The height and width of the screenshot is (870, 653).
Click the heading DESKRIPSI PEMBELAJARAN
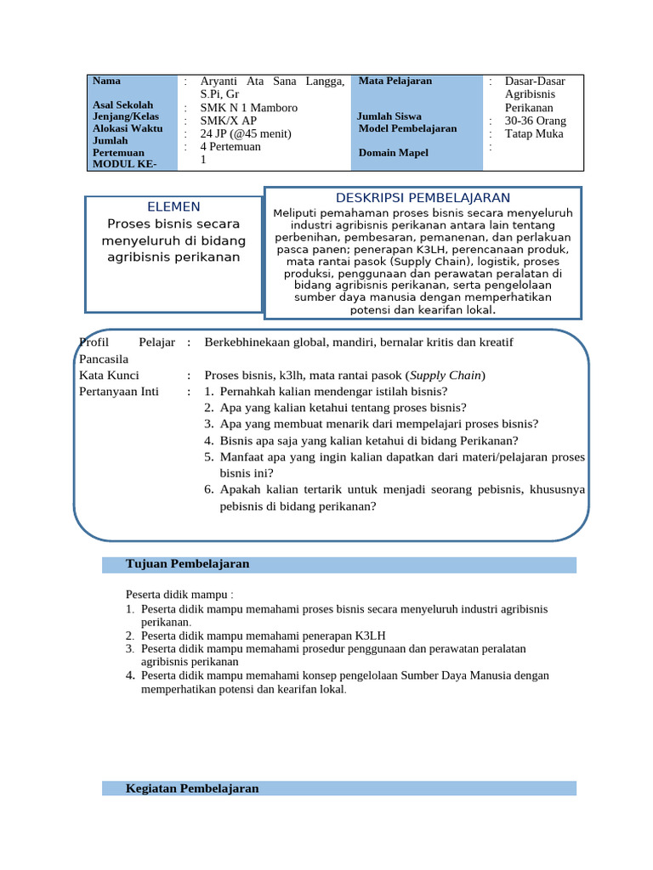423,198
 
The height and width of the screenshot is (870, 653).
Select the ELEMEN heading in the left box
173,206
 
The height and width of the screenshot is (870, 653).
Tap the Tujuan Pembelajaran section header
187,564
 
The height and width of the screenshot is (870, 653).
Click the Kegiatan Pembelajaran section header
191,788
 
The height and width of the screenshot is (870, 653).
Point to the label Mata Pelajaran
395,81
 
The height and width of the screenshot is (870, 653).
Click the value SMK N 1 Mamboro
248,108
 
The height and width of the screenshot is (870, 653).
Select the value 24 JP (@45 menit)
246,133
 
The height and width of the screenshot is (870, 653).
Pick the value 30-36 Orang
535,121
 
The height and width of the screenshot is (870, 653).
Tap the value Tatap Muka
534,133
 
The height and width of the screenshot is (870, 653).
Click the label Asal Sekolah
122,105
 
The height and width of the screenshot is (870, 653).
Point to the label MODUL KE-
124,164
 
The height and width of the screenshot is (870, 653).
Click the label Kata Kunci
109,375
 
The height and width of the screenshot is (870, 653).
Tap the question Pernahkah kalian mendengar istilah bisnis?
333,392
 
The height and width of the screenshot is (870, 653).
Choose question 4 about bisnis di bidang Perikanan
368,440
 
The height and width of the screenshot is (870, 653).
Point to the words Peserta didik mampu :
179,593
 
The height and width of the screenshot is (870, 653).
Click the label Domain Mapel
393,153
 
